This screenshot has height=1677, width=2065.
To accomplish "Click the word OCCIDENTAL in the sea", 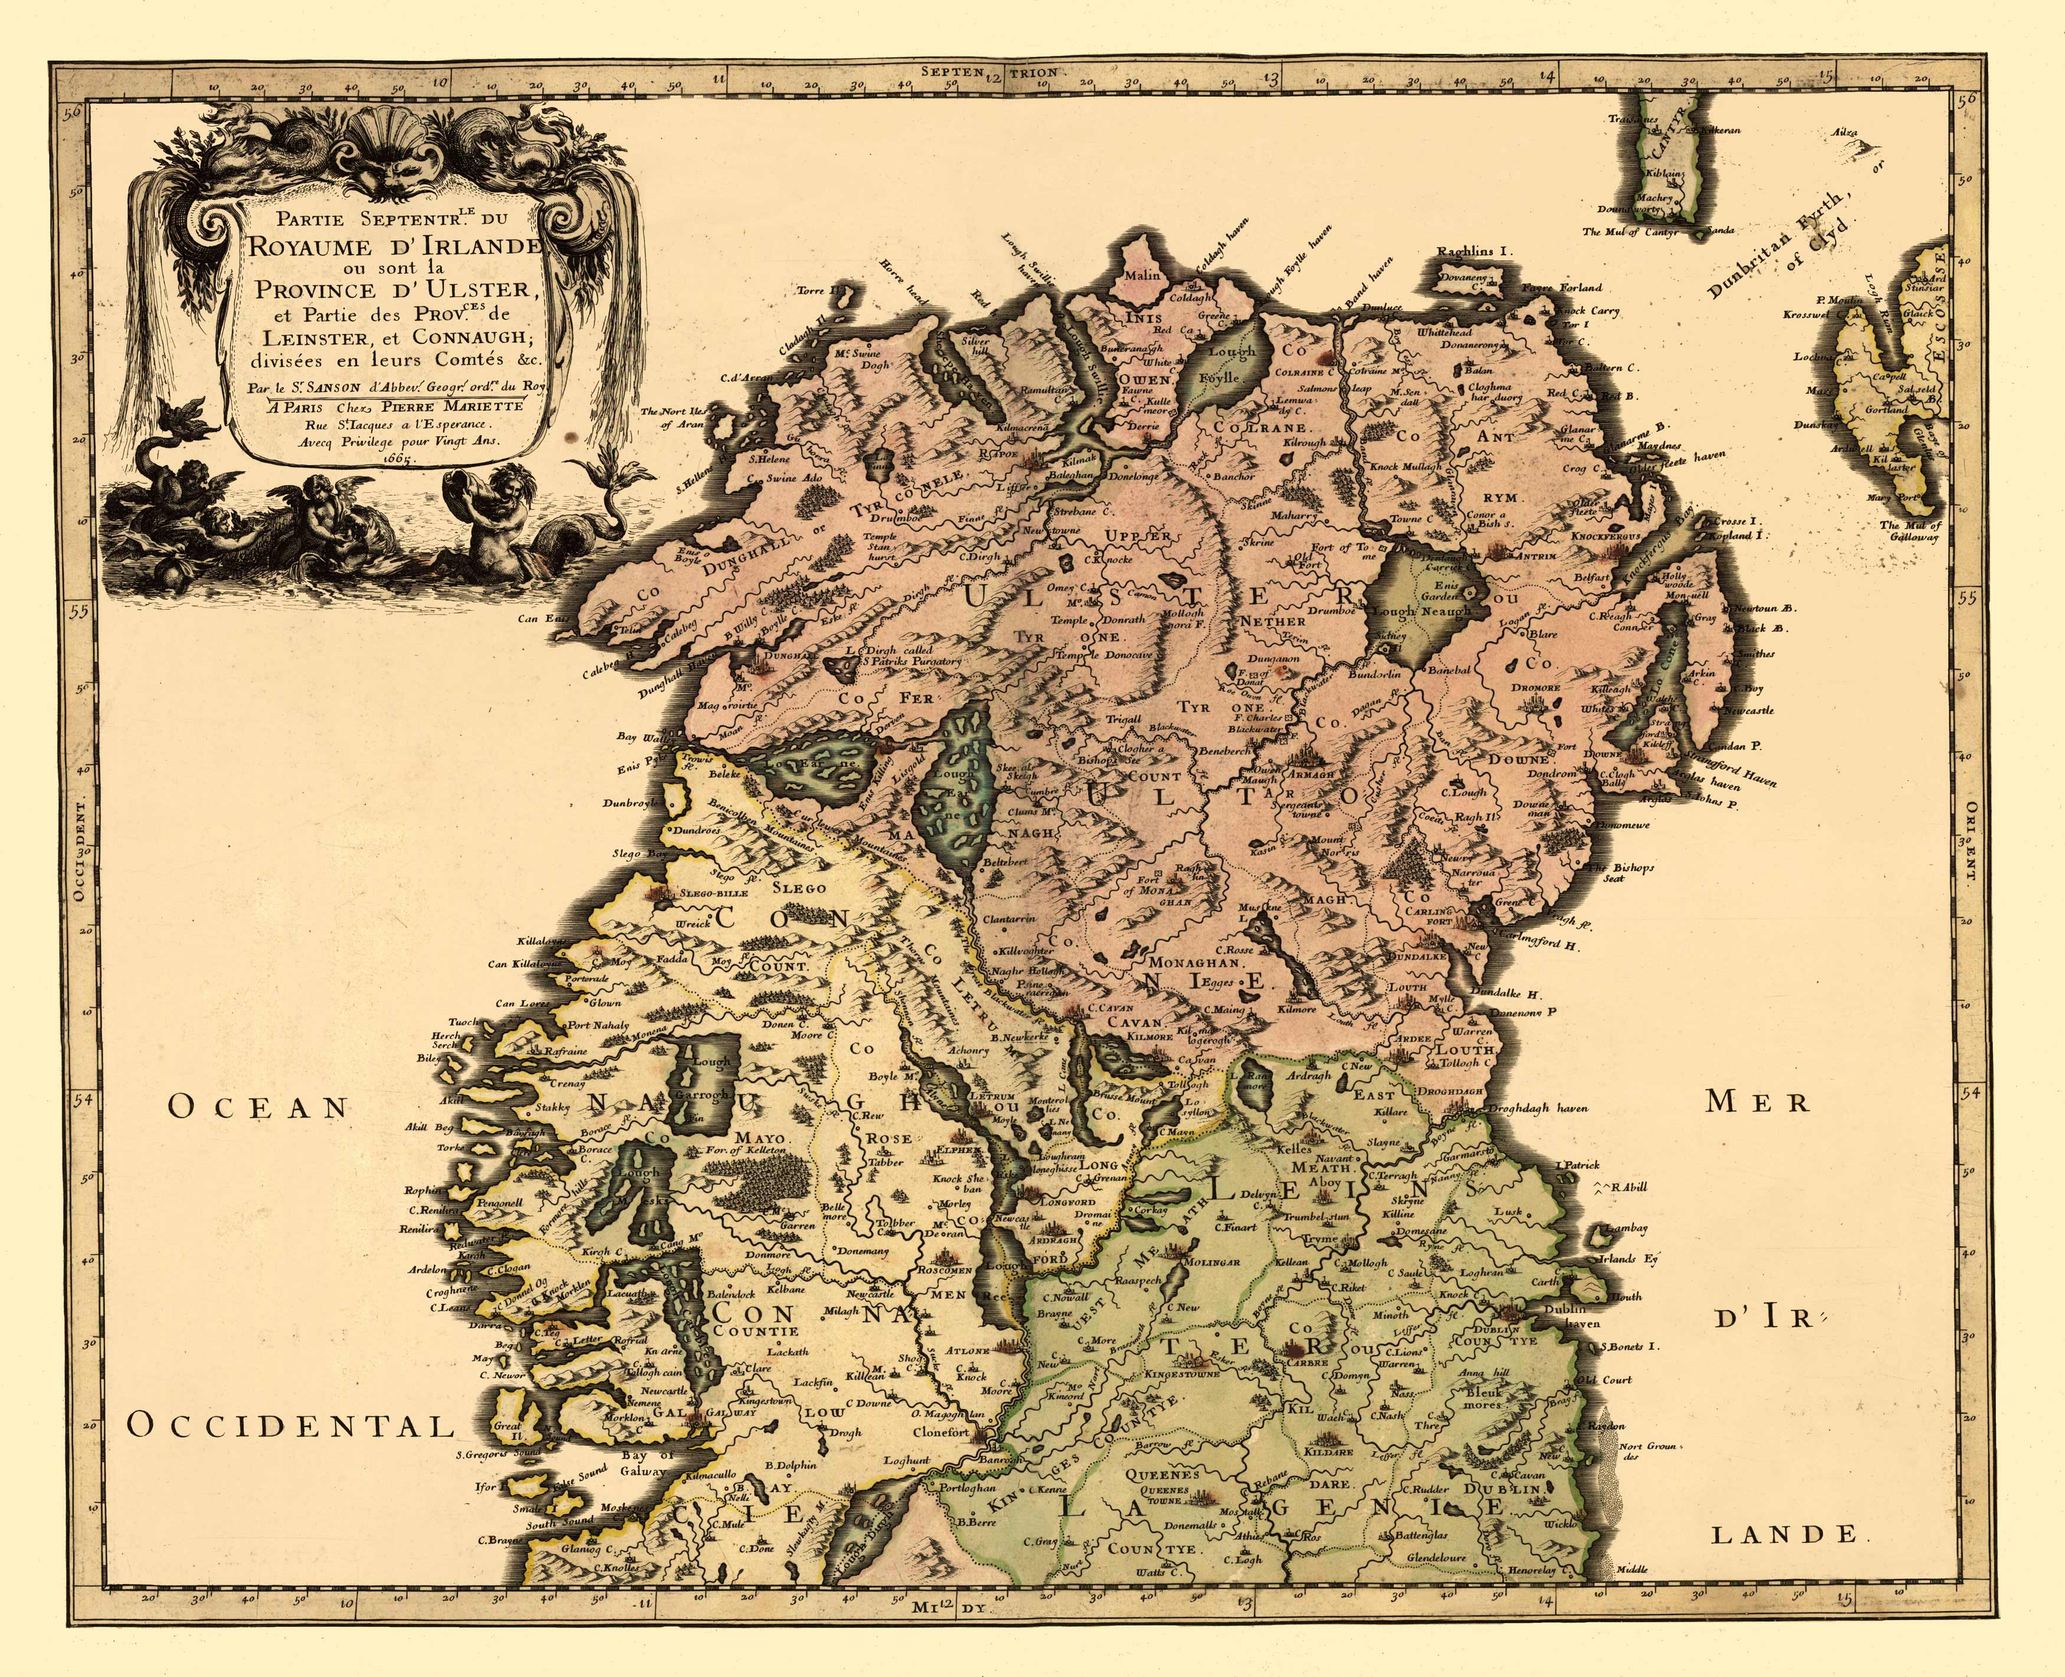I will click(x=290, y=1425).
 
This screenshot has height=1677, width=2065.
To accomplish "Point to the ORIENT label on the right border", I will click(x=1971, y=840).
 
